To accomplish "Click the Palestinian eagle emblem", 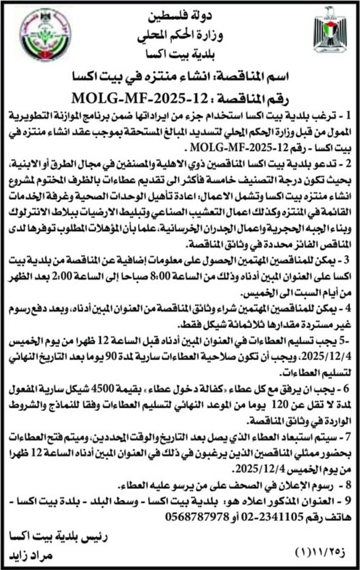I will (x=330, y=30).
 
